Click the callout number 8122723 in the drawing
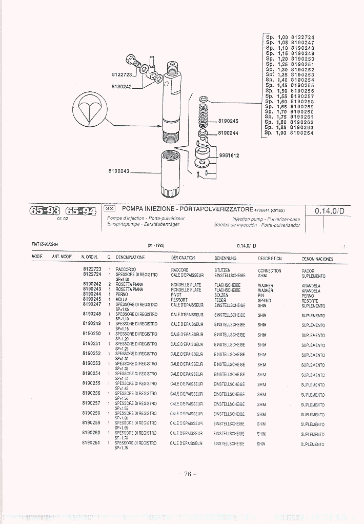pos(122,74)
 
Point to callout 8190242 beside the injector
pos(122,86)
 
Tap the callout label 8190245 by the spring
pos(229,121)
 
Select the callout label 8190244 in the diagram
pos(229,133)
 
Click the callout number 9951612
pos(229,156)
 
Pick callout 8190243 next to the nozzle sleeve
pos(118,171)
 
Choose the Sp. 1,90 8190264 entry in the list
pos(290,133)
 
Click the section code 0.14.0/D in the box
pos(330,210)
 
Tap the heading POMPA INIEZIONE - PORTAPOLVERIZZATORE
pos(188,209)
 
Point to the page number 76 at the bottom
pos(188,474)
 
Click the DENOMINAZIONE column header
pos(130,258)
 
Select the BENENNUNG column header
pos(225,258)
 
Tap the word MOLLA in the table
pos(122,299)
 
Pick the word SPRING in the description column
pos(265,300)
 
